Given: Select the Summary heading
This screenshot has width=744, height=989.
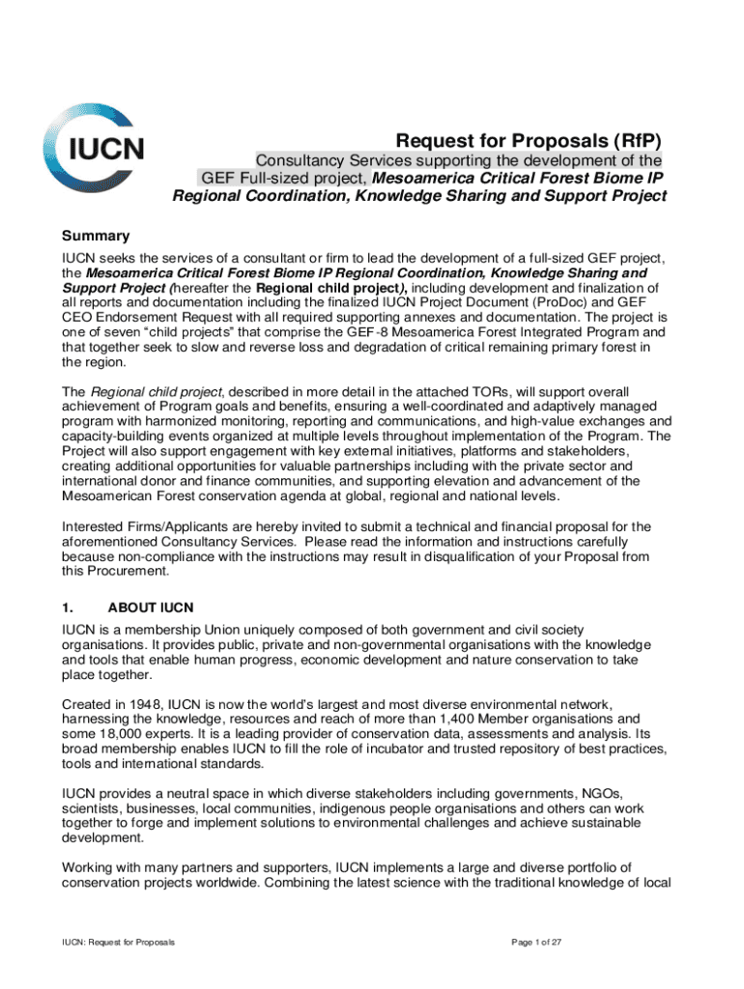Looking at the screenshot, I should pyautogui.click(x=96, y=236).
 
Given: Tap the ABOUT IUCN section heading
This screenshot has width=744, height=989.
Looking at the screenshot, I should pyautogui.click(x=151, y=608).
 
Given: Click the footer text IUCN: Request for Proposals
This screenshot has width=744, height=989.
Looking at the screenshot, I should pyautogui.click(x=119, y=942).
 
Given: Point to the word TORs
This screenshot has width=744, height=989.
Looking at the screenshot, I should pyautogui.click(x=474, y=391).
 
